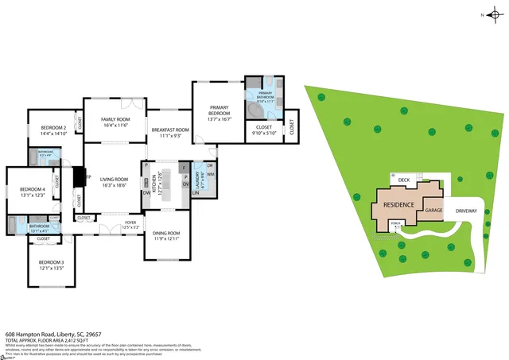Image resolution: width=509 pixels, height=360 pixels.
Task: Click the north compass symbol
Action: tap(493, 15)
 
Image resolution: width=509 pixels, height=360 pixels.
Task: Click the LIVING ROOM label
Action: tap(114, 181)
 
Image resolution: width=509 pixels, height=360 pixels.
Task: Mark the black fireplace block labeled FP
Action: tap(79, 176)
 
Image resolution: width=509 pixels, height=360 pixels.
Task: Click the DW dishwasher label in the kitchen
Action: tap(146, 192)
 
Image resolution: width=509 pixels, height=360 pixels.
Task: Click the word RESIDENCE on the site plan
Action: tap(398, 204)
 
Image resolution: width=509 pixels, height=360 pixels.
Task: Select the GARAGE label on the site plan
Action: tap(433, 211)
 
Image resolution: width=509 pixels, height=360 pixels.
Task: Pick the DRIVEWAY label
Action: tap(466, 211)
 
